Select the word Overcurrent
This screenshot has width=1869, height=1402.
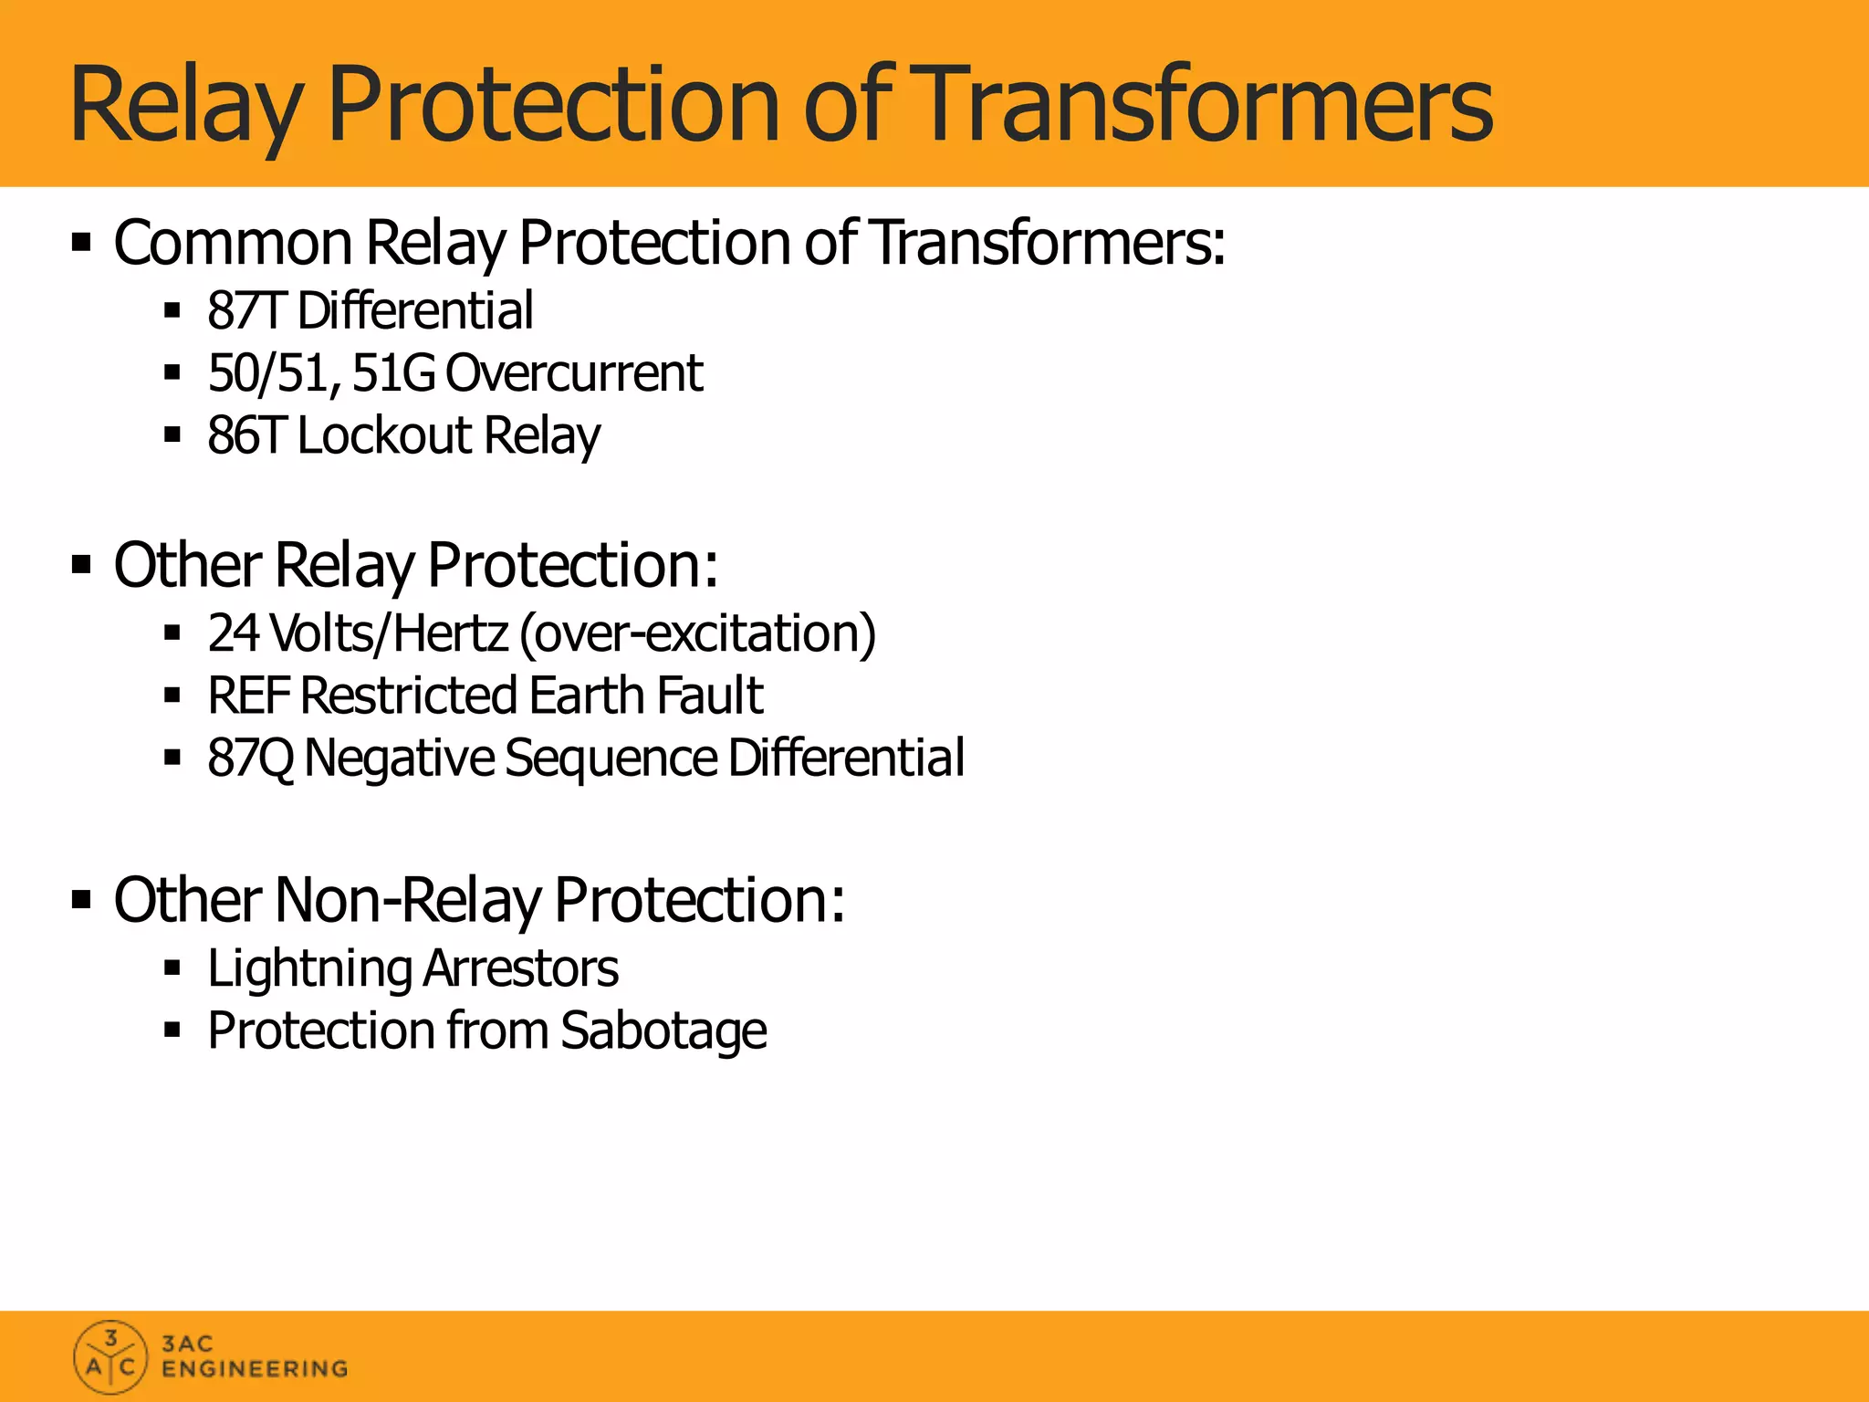574,373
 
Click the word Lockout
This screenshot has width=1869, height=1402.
384,435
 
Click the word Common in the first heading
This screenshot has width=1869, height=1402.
233,244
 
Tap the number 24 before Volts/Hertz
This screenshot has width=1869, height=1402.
233,633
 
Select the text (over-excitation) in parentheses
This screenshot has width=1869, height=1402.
697,633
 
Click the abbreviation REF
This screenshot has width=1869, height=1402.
248,696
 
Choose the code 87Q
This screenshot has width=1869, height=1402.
250,759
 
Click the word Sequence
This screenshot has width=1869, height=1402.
611,759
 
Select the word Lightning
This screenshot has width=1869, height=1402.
309,969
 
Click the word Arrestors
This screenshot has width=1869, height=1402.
521,968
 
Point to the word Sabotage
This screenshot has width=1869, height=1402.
663,1031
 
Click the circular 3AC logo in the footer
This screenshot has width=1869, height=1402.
110,1357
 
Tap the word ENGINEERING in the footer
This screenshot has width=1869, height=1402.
255,1369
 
